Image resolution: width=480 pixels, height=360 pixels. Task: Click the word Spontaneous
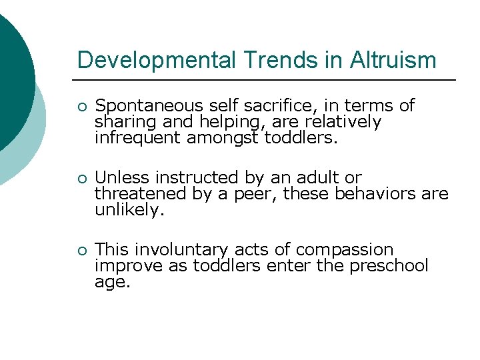149,106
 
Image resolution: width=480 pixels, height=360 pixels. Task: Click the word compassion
345,250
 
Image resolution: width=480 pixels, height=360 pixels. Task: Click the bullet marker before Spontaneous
81,107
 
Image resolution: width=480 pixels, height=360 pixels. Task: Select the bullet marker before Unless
81,179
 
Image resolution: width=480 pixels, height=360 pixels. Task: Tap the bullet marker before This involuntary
81,251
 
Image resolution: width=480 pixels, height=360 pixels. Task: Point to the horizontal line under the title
266,81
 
